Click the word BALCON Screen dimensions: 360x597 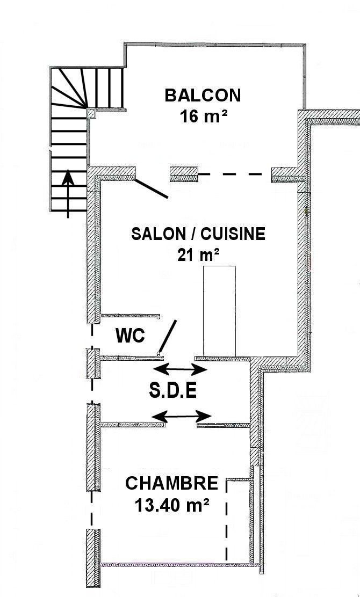(203, 95)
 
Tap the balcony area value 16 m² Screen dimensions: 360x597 (203, 116)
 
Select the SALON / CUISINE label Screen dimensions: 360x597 (198, 234)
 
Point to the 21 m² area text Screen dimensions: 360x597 (198, 254)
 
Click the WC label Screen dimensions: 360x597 (130, 336)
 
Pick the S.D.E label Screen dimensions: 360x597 (173, 391)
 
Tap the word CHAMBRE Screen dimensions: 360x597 (171, 483)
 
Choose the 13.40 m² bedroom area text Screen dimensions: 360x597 (172, 505)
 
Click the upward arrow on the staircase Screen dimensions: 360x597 (68, 194)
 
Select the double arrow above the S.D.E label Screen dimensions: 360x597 (180, 369)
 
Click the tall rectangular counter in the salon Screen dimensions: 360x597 (219, 311)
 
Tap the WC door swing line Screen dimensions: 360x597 (168, 337)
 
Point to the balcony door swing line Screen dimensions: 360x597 (152, 189)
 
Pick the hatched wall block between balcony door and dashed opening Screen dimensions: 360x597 (184, 173)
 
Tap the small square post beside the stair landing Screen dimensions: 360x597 (91, 113)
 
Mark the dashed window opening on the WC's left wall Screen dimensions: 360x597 (92, 336)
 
